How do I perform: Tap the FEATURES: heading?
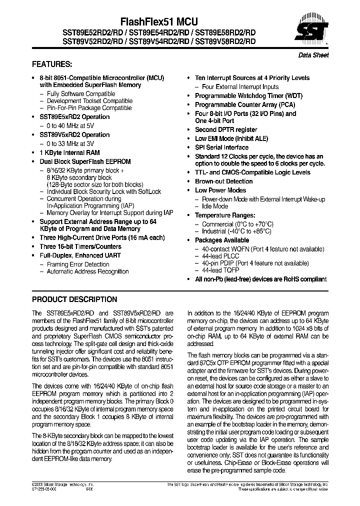click(52, 64)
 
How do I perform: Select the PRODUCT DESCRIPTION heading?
click(74, 299)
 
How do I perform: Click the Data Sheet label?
click(313, 55)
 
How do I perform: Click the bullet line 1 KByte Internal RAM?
click(69, 152)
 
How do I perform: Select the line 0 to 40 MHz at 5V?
click(70, 125)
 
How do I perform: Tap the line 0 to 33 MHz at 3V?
click(70, 143)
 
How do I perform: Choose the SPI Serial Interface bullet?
click(221, 147)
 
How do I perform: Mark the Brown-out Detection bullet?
click(223, 181)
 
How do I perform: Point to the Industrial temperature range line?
click(236, 231)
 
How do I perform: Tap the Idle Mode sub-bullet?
click(215, 206)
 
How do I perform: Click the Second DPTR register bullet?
click(226, 129)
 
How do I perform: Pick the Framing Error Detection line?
click(78, 264)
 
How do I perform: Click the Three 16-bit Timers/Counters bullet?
click(80, 246)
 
